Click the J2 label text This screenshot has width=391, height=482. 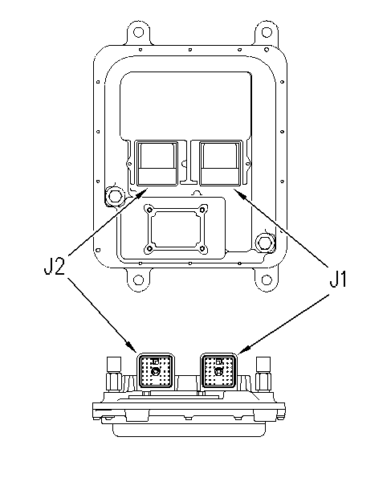click(x=55, y=266)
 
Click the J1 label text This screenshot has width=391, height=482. click(x=338, y=279)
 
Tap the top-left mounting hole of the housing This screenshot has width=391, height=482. click(x=139, y=31)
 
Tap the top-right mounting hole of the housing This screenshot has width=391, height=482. click(x=267, y=31)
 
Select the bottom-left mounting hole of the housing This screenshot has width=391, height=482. click(x=139, y=280)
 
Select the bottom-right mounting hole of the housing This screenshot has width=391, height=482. click(x=267, y=280)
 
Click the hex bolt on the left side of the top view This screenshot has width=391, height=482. click(x=114, y=196)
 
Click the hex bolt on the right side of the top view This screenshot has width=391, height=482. click(x=264, y=243)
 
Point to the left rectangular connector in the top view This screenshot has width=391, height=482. click(x=157, y=163)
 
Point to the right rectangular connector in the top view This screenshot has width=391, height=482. click(x=221, y=163)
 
